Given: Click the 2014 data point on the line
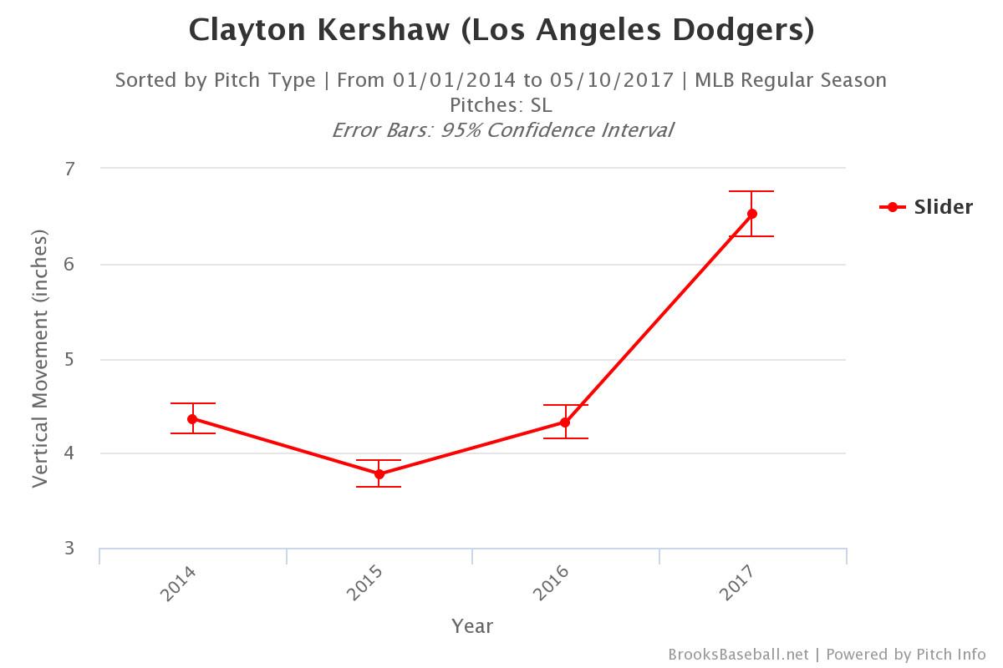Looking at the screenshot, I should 192,418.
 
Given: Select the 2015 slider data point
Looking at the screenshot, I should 379,474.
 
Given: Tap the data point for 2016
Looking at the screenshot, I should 565,423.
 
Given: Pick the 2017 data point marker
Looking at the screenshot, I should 752,214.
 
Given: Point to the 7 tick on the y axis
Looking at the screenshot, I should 70,169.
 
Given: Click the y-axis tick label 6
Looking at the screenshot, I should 70,264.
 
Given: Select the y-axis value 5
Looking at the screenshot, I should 70,359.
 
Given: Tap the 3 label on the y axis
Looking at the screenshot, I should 70,549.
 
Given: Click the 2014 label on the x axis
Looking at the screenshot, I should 178,584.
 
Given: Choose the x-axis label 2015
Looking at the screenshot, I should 365,584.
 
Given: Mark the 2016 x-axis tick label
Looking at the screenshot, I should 551,584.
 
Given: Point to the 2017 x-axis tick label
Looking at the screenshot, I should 738,584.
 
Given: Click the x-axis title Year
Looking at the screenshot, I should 472,626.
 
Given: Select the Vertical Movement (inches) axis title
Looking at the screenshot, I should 40,359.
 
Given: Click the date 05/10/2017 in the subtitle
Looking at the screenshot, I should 612,80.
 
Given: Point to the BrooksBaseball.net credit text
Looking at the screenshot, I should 738,655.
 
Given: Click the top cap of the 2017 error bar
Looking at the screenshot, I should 752,191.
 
